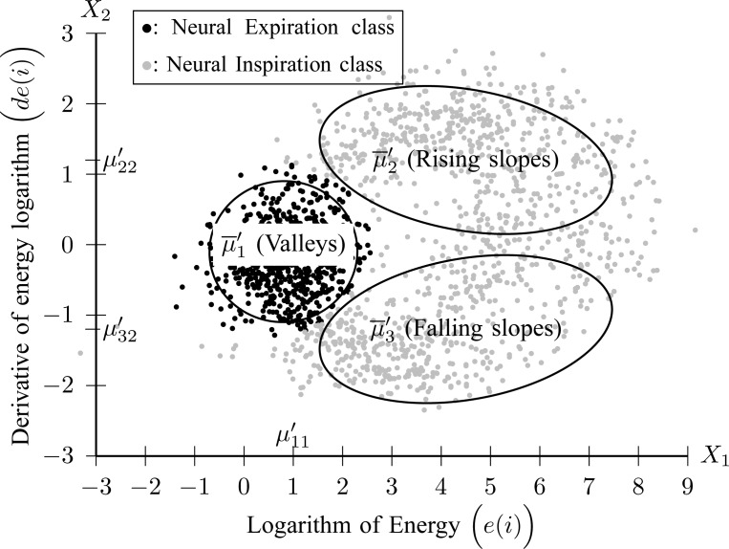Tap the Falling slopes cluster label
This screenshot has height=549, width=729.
pos(464,330)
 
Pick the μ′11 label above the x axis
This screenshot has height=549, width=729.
pos(291,439)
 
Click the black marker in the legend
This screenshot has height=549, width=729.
pos(142,28)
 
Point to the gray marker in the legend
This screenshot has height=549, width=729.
pos(142,63)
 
